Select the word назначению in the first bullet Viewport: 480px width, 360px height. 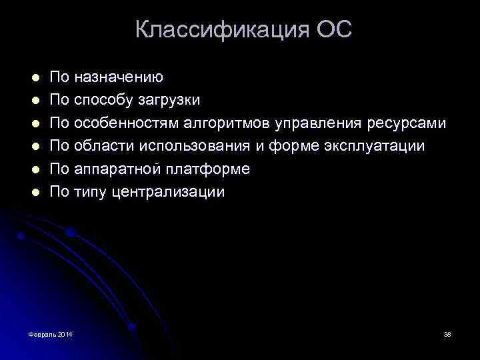click(119, 78)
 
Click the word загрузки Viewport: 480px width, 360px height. click(169, 101)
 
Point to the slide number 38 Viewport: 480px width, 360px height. click(447, 333)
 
